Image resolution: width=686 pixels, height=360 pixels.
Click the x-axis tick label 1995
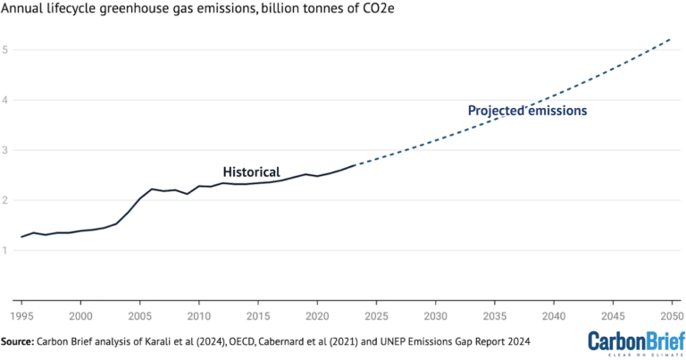pyautogui.click(x=21, y=316)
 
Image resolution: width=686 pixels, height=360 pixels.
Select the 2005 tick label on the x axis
pyautogui.click(x=139, y=316)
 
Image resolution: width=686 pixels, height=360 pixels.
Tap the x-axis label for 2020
pyautogui.click(x=317, y=316)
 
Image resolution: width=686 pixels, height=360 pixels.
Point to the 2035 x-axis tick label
pyautogui.click(x=494, y=316)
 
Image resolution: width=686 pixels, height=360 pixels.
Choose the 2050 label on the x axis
pyautogui.click(x=670, y=316)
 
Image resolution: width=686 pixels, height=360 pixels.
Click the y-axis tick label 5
pyautogui.click(x=5, y=50)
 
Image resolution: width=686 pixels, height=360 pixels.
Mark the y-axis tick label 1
pyautogui.click(x=5, y=251)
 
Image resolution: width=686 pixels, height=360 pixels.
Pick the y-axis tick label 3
pyautogui.click(x=5, y=151)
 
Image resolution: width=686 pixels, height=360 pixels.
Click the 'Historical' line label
pyautogui.click(x=251, y=172)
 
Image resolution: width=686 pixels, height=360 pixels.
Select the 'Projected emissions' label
pyautogui.click(x=527, y=111)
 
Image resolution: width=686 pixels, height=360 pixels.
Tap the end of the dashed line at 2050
pyautogui.click(x=670, y=39)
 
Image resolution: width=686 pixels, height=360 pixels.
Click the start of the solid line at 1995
pyautogui.click(x=21, y=237)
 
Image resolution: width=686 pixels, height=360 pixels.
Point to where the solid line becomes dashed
pyautogui.click(x=355, y=164)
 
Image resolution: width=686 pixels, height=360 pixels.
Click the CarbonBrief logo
pyautogui.click(x=632, y=342)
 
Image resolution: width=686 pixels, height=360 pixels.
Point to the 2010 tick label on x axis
pyautogui.click(x=198, y=316)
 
